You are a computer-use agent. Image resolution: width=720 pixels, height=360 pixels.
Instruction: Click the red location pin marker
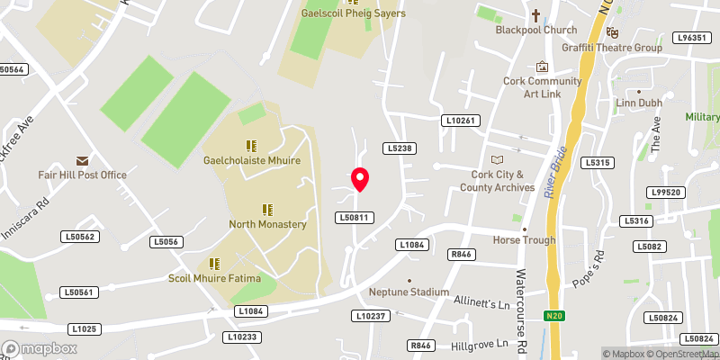pos(360,179)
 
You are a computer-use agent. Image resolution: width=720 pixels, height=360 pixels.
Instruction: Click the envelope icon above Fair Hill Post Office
pos(82,159)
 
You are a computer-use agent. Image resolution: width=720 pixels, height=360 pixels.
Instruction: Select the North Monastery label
pos(267,224)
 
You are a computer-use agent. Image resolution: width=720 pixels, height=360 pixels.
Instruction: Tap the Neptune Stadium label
pos(409,292)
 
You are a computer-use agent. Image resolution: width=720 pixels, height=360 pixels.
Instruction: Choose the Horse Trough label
pos(524,240)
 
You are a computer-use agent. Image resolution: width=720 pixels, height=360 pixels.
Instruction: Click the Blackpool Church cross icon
pos(535,15)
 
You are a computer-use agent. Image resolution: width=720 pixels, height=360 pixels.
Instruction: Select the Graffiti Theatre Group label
pos(611,48)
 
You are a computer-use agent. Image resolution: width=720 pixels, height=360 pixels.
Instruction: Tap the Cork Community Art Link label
pos(541,88)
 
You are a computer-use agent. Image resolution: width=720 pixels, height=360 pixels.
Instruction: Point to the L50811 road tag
pos(354,217)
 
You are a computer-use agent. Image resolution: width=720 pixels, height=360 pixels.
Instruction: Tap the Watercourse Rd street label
pos(520,301)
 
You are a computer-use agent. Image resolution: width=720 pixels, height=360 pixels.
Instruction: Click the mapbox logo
pos(40,348)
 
